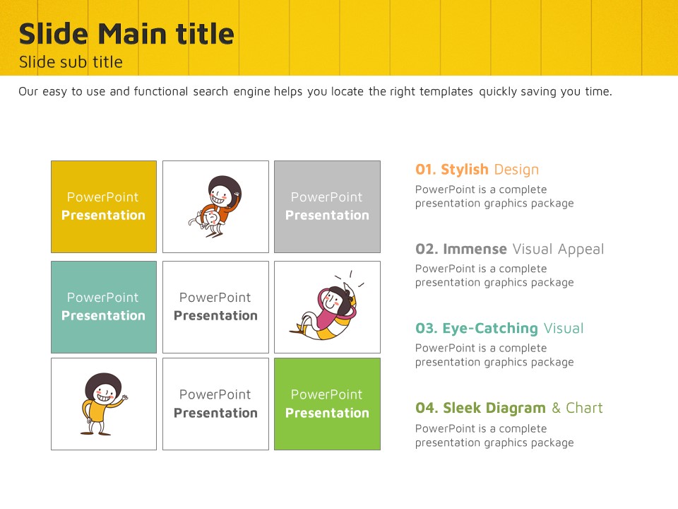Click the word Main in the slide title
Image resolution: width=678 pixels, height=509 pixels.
coord(132,34)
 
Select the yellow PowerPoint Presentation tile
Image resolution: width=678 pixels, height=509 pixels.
coord(104,206)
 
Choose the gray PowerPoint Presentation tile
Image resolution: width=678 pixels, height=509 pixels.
coord(327,206)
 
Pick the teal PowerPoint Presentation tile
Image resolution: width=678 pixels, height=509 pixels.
coord(104,307)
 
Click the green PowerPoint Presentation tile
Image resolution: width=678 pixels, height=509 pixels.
coord(327,404)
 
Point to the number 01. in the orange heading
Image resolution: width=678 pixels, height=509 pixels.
coord(425,170)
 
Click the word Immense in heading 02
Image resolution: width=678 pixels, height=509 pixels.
coord(475,249)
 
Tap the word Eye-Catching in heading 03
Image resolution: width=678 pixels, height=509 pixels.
coord(490,329)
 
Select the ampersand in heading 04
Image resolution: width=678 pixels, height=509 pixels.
coord(556,408)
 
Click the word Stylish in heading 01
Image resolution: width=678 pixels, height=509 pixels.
coord(465,170)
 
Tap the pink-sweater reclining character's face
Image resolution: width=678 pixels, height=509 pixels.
coord(332,300)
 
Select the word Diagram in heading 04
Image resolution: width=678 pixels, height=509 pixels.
coord(516,408)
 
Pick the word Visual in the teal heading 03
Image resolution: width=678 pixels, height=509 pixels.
coord(564,329)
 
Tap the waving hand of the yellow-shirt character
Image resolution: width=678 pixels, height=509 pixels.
coord(125,397)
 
